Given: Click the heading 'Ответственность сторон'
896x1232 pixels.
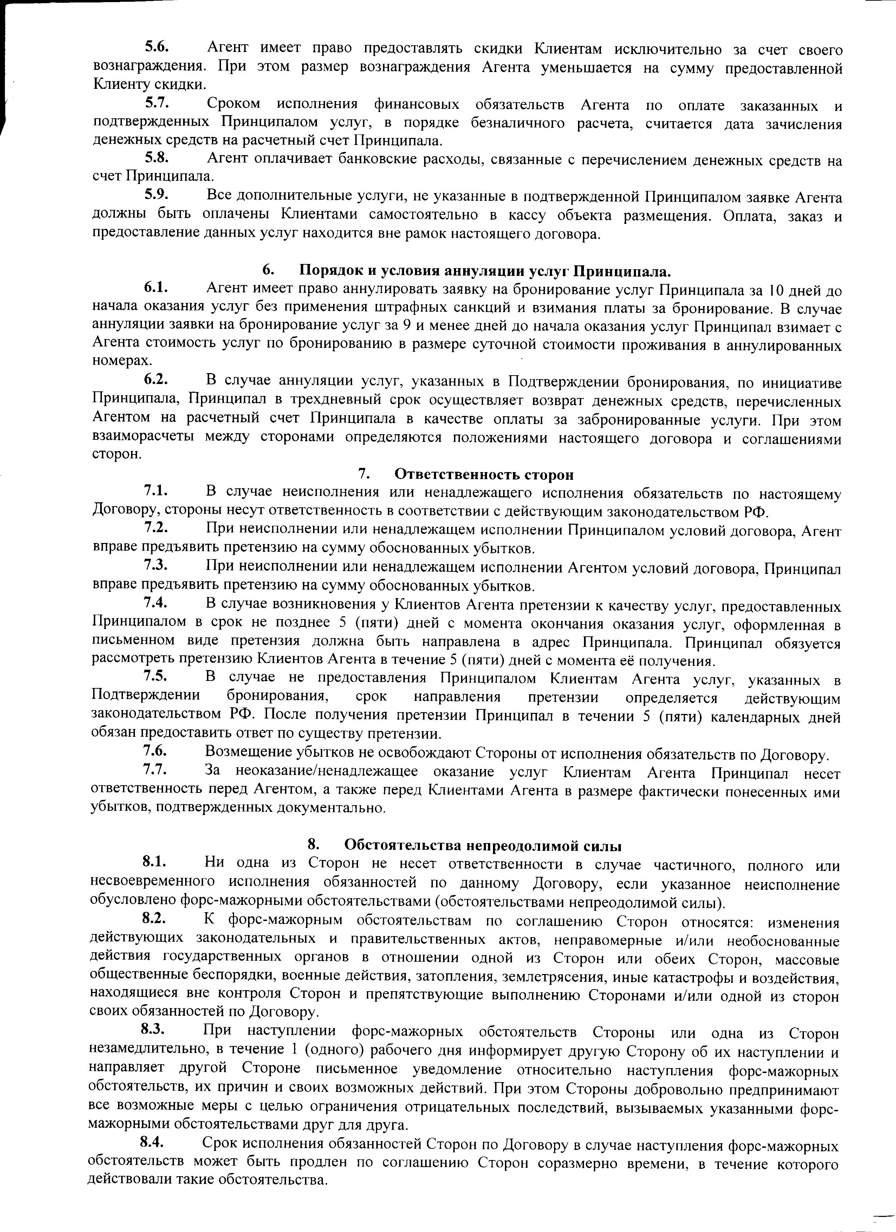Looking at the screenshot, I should pyautogui.click(x=483, y=474).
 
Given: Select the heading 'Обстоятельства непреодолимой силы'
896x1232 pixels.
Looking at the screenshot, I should pyautogui.click(x=483, y=845).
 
